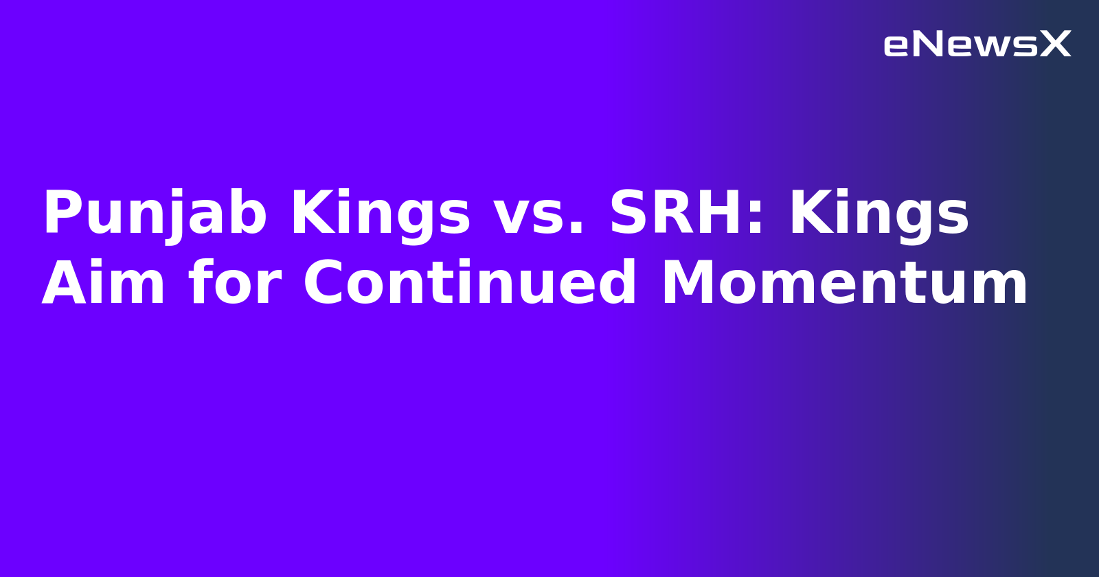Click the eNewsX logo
tap(977, 45)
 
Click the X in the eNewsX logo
tap(1055, 45)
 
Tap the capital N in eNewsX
tap(927, 45)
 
